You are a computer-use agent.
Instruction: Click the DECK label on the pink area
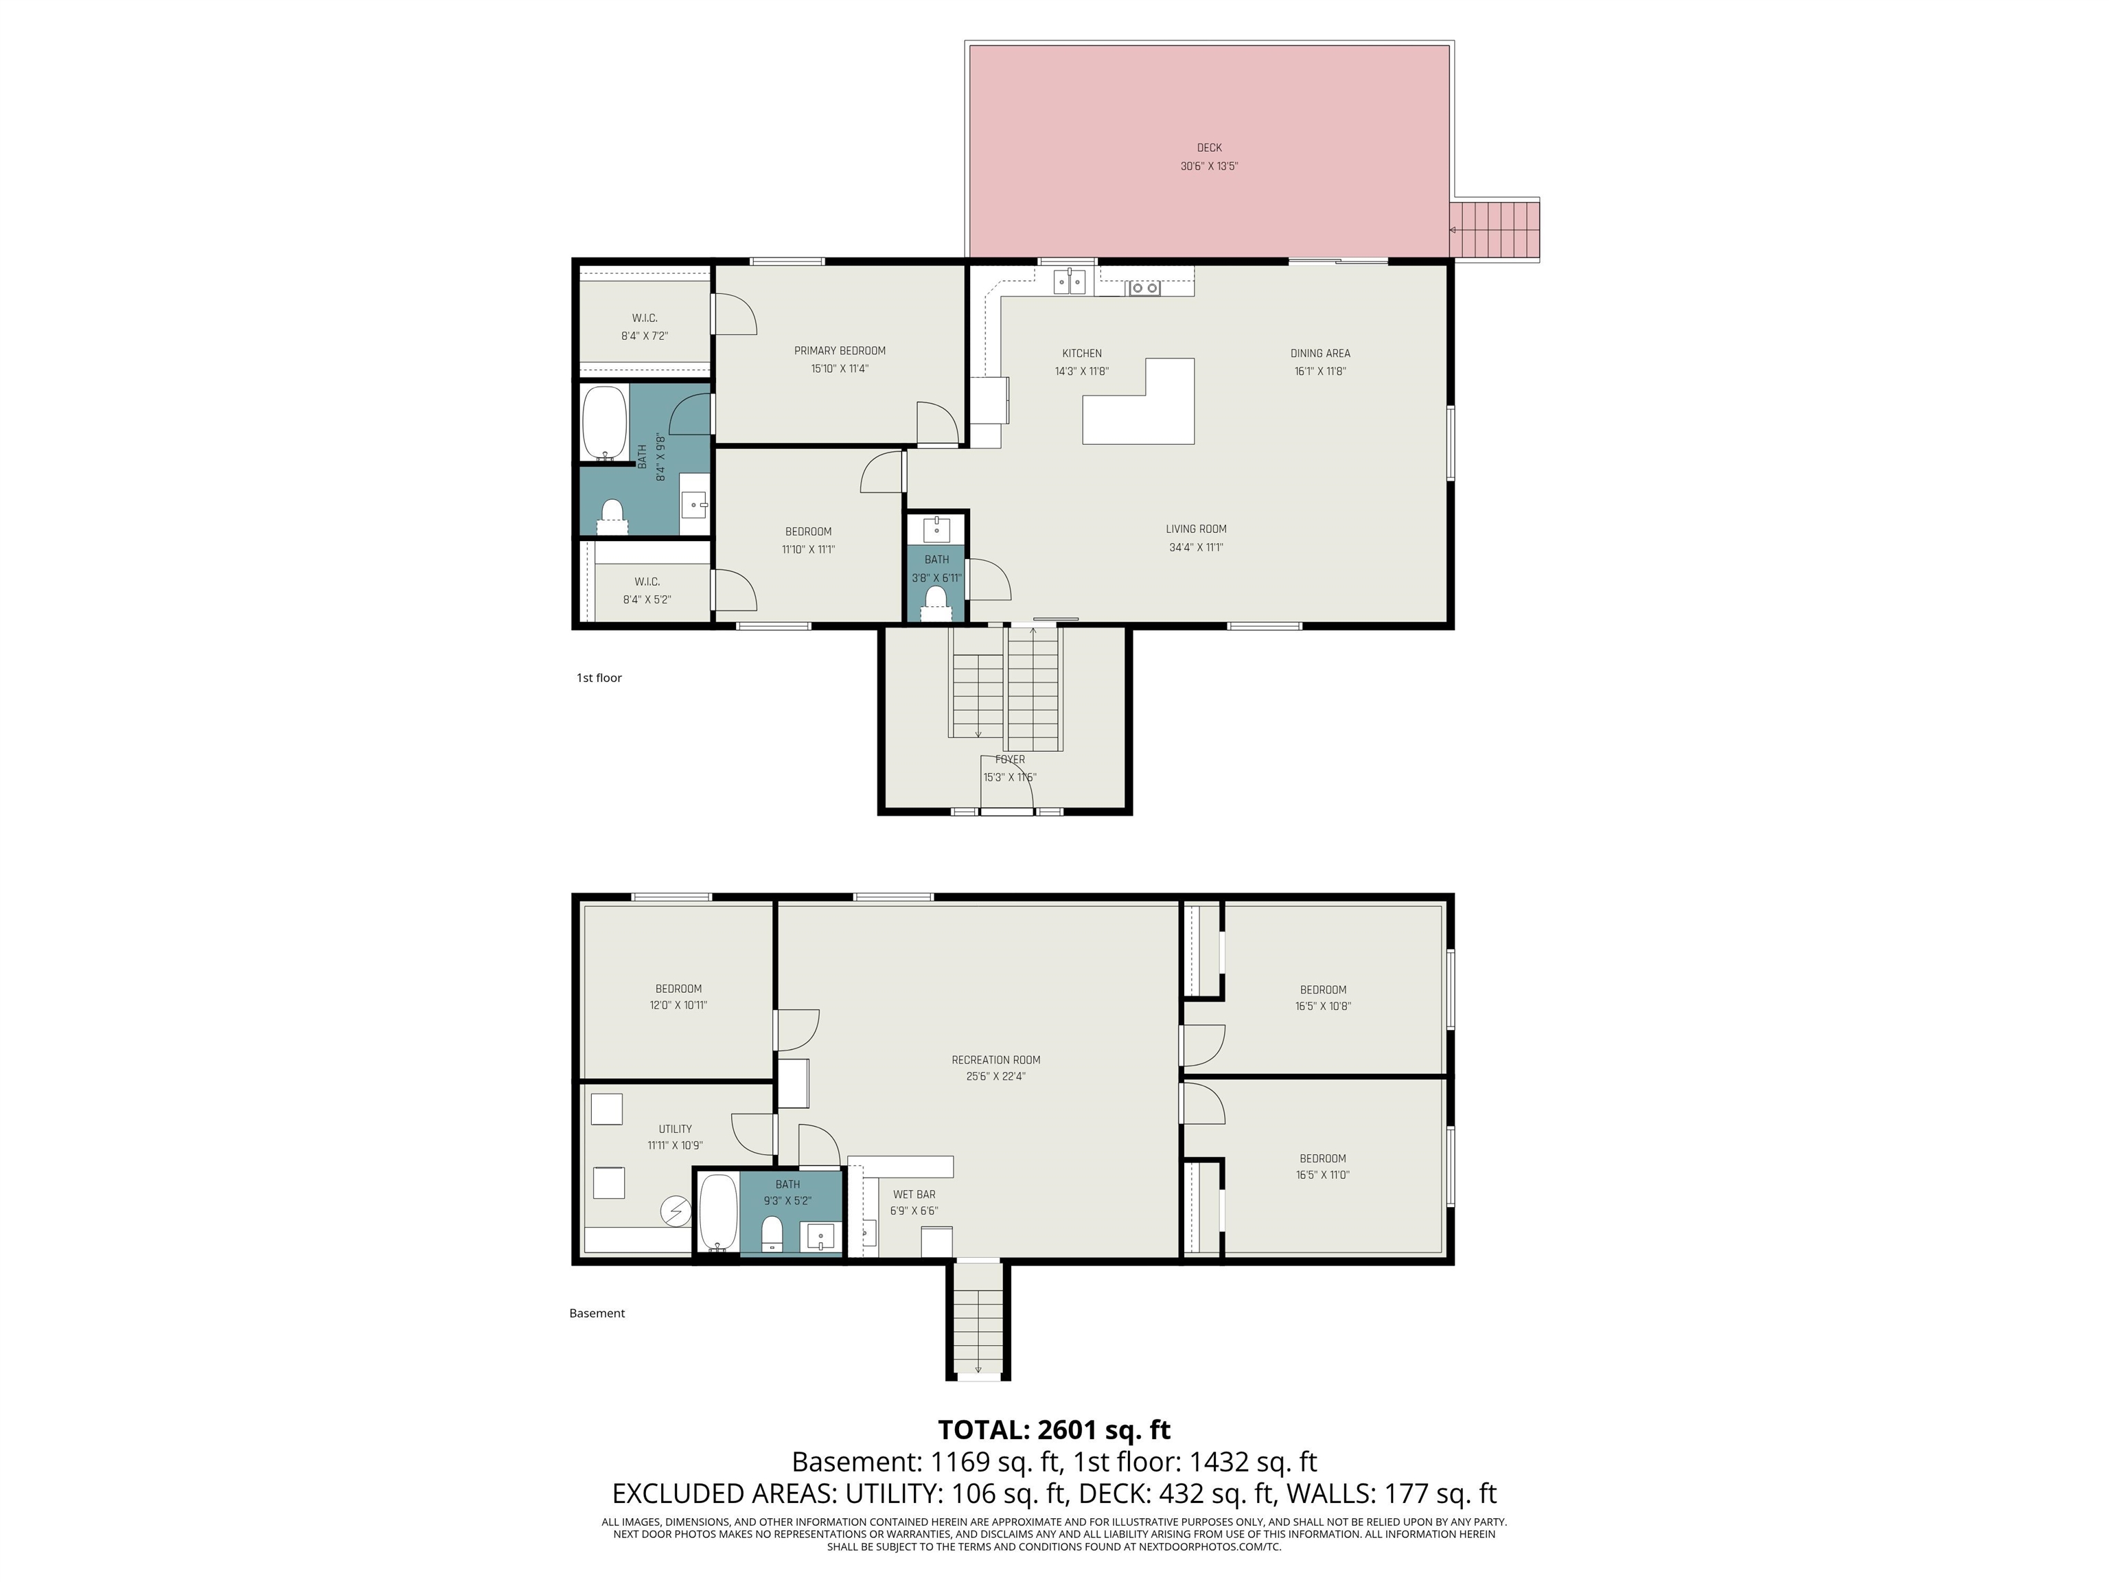[x=1209, y=148]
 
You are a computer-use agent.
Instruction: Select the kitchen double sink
[x=1070, y=282]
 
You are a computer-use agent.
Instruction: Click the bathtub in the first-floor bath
[x=604, y=422]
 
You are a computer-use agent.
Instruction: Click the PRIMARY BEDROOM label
[x=840, y=351]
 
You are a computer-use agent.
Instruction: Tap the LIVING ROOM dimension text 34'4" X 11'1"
[x=1196, y=547]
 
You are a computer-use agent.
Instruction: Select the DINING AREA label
[x=1320, y=354]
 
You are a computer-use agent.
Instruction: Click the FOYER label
[x=1011, y=760]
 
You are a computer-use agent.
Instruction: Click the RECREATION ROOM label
[x=995, y=1059]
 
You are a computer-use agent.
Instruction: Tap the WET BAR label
[x=913, y=1194]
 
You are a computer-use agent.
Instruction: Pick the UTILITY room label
[x=675, y=1129]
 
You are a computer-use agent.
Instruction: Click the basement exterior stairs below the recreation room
[x=978, y=1320]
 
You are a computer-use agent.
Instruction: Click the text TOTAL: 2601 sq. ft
[x=1054, y=1430]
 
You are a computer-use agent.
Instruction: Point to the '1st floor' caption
[x=599, y=678]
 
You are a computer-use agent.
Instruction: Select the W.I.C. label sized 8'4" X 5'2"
[x=647, y=582]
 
